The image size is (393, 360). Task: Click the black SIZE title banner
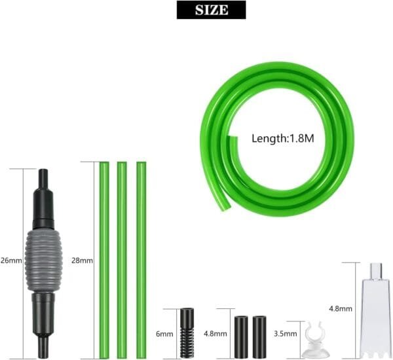(211, 10)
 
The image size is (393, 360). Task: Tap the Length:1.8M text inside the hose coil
(283, 139)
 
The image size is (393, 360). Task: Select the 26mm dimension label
(11, 261)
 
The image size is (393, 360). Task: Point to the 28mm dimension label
(82, 261)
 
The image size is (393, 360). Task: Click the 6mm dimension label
(164, 334)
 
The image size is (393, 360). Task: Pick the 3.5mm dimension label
(286, 334)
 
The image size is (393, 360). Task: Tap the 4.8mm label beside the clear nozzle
(341, 309)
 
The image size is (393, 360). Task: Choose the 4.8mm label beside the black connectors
(215, 334)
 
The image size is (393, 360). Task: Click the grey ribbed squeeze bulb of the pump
(43, 261)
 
